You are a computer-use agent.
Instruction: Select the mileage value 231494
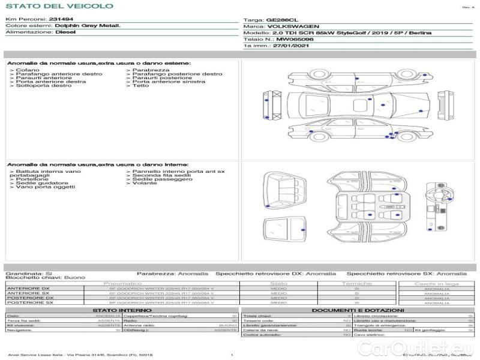61,20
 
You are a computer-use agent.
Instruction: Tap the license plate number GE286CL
281,20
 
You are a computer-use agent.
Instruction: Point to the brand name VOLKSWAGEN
290,26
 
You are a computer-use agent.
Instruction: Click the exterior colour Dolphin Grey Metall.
88,26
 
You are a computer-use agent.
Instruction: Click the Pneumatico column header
122,283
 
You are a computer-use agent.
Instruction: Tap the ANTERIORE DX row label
28,289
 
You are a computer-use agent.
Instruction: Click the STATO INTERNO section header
123,310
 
